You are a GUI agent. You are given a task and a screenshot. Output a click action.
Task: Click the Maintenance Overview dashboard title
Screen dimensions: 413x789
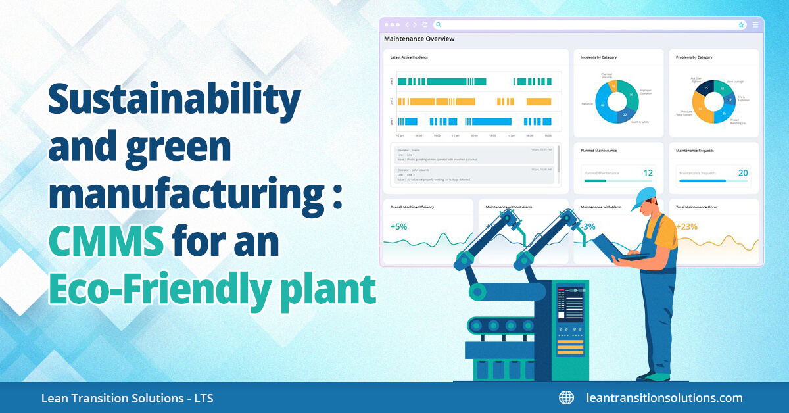click(x=419, y=39)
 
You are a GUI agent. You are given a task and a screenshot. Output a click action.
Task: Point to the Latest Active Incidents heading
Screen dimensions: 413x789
click(x=409, y=57)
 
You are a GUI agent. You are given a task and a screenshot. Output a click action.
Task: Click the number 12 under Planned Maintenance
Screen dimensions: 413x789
click(x=648, y=173)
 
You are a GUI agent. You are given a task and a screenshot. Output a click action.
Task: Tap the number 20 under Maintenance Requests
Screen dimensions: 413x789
click(x=743, y=173)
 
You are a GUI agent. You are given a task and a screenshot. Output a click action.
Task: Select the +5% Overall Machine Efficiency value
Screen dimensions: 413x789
click(x=398, y=226)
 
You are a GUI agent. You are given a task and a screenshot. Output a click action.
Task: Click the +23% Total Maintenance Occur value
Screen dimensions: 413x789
click(x=686, y=226)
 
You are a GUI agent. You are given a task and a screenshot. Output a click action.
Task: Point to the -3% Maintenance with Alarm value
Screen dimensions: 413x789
click(x=588, y=226)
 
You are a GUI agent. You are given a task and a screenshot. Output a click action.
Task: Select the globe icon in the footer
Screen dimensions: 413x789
click(x=566, y=398)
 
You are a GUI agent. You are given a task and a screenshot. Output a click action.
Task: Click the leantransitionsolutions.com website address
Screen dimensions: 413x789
click(x=664, y=398)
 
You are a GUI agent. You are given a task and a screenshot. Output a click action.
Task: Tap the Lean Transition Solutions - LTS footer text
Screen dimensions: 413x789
click(x=127, y=399)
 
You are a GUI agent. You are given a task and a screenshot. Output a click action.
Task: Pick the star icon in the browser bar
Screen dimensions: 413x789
click(x=741, y=24)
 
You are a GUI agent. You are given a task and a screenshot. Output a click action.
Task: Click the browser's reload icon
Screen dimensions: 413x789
click(x=425, y=24)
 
